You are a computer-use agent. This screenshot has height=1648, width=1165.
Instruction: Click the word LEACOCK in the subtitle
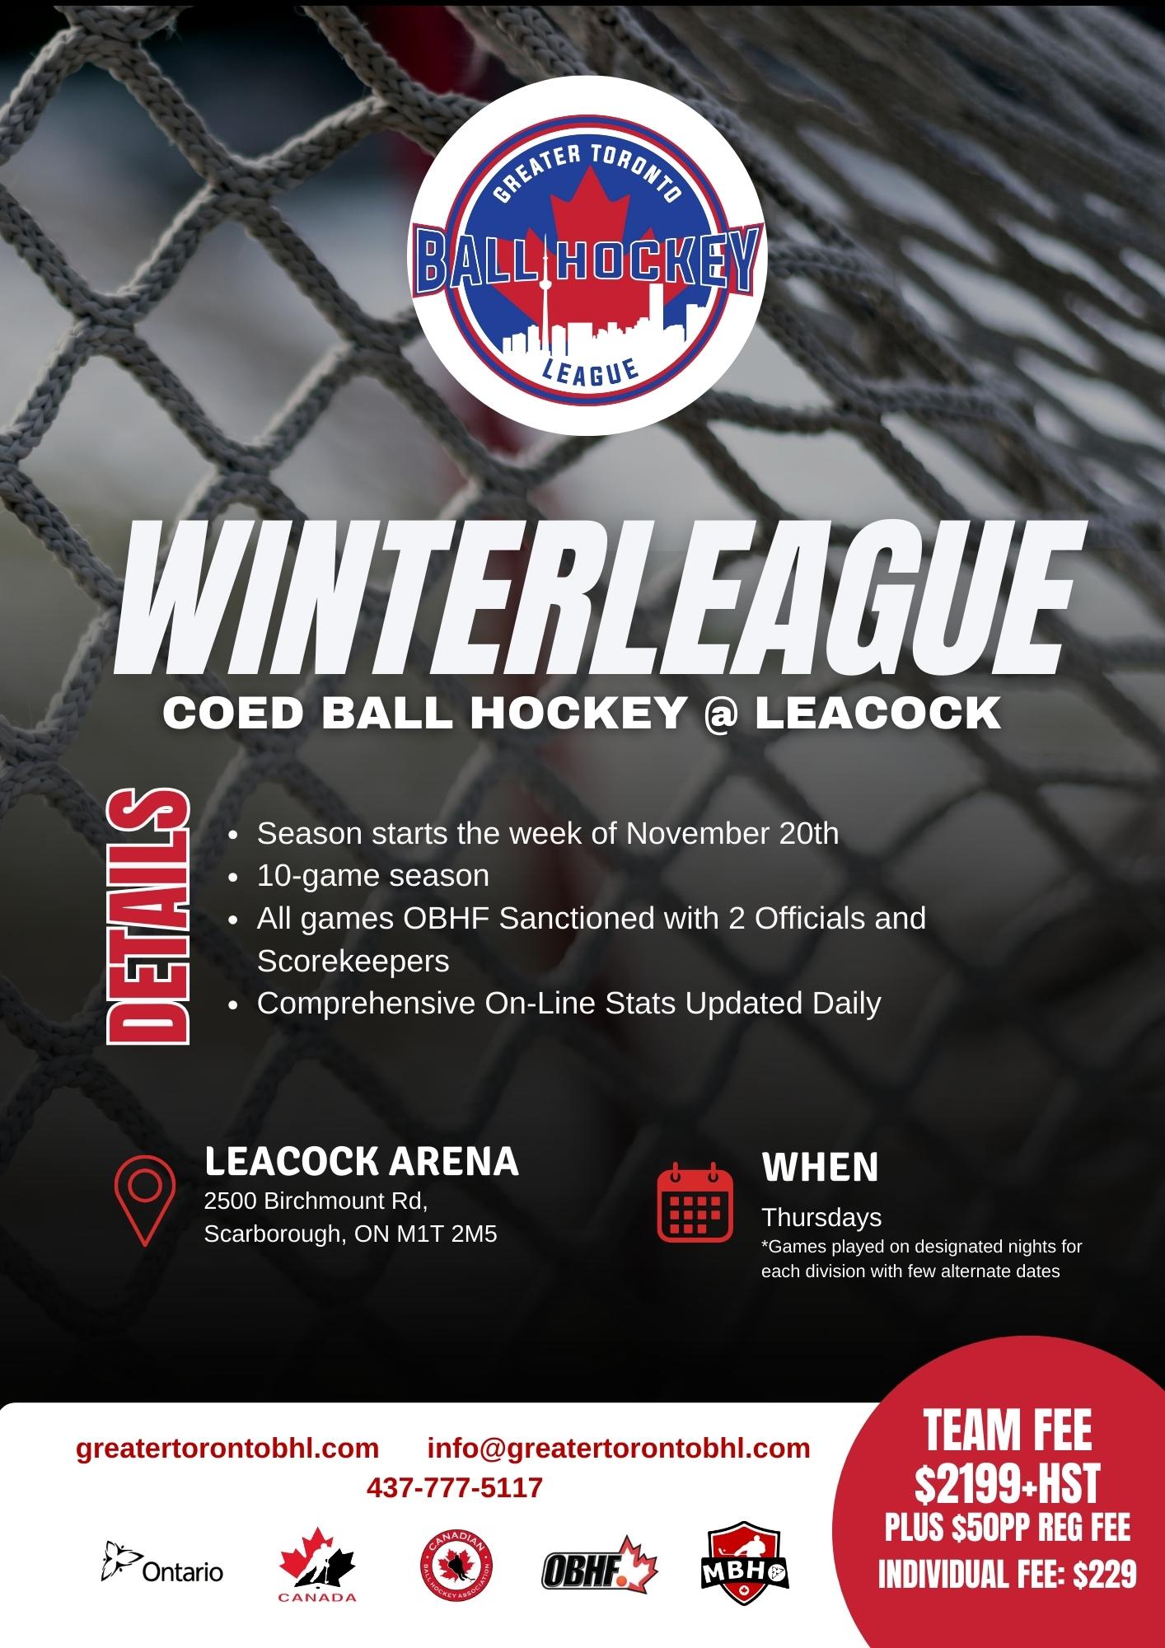[x=877, y=714]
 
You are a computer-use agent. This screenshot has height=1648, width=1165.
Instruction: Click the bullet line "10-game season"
[x=372, y=875]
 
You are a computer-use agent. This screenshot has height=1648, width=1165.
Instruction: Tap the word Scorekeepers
[x=353, y=961]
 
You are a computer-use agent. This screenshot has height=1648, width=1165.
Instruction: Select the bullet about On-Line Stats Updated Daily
[x=568, y=1003]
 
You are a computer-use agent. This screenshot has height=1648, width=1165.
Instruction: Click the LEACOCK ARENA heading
[x=362, y=1161]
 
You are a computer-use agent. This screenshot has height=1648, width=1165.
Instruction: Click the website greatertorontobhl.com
[x=227, y=1449]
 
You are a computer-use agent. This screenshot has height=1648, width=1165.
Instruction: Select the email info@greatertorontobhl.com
[x=619, y=1449]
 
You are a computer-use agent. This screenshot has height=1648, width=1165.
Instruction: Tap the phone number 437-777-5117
[x=455, y=1488]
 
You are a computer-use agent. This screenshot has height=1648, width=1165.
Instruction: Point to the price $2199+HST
[x=1008, y=1485]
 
